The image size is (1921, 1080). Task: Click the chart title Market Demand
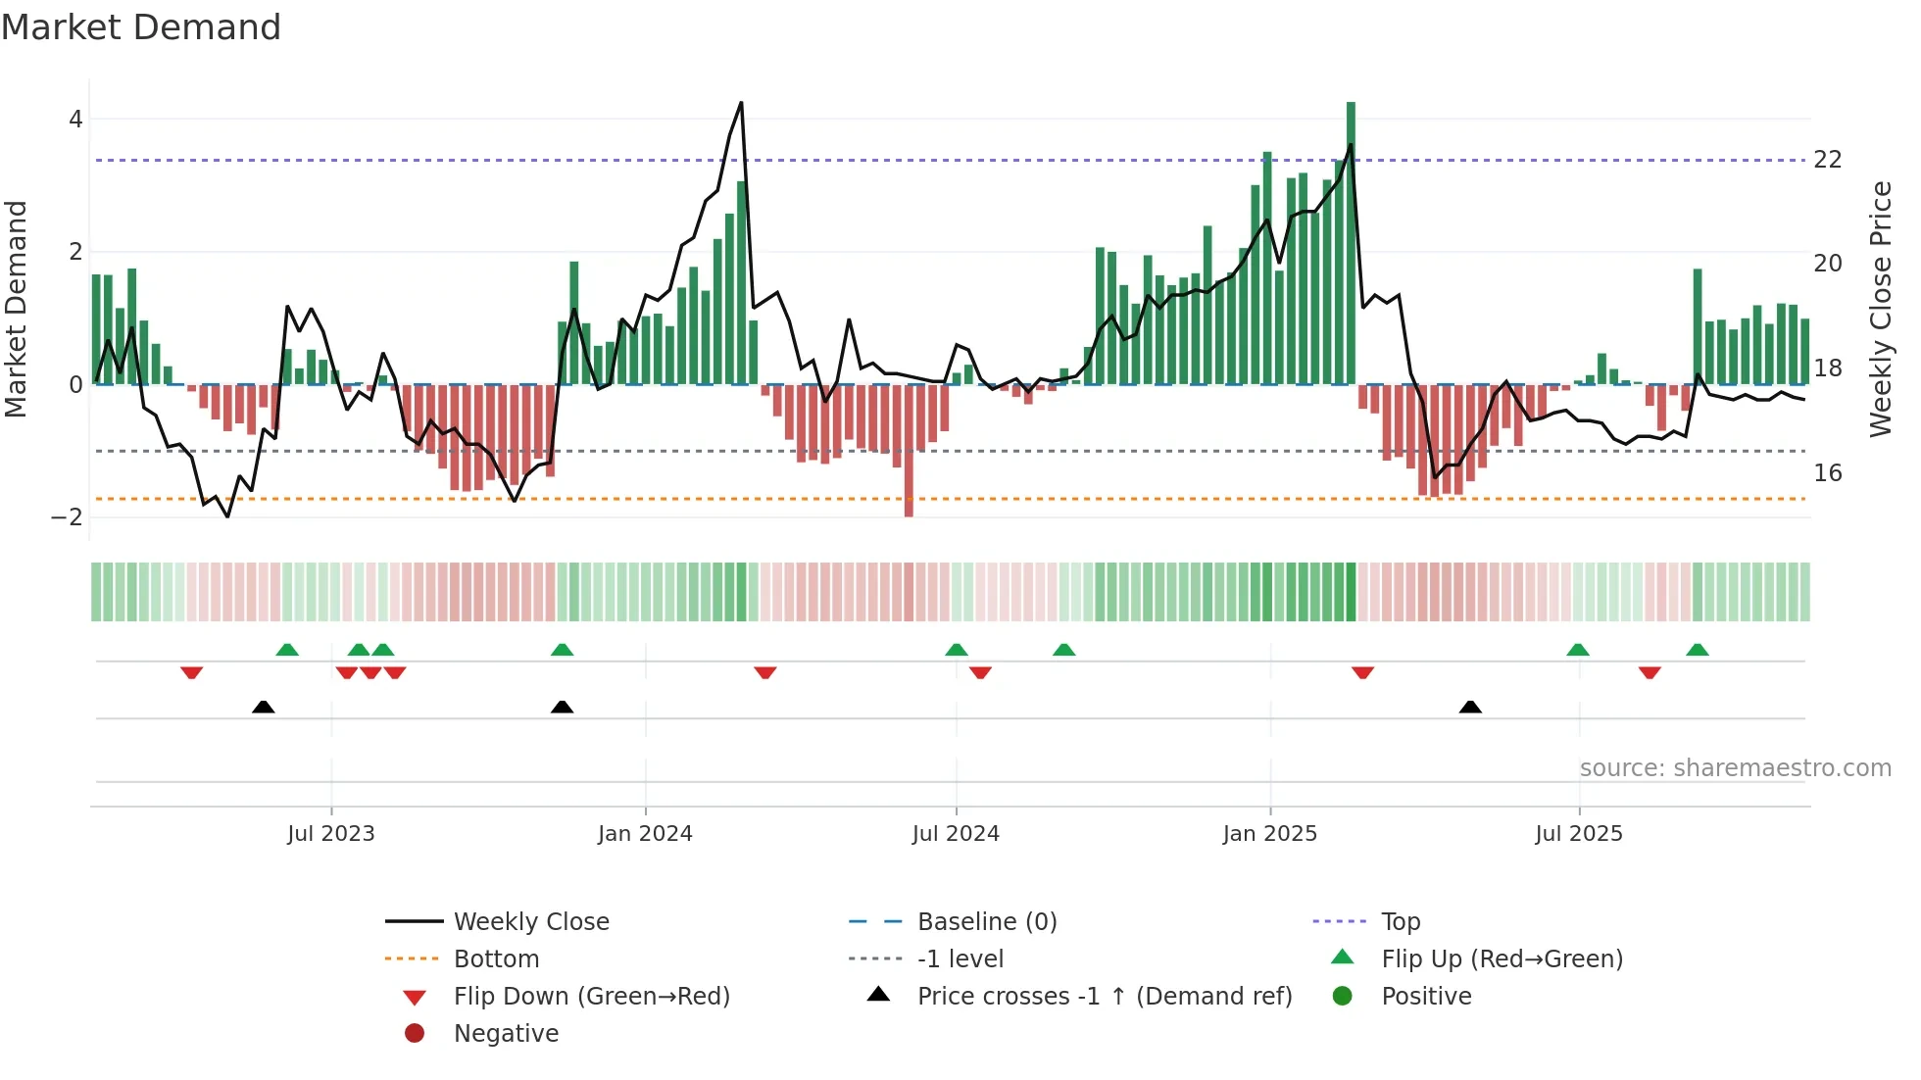(141, 27)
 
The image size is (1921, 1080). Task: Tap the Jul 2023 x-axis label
(330, 834)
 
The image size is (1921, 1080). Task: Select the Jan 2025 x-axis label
(1269, 834)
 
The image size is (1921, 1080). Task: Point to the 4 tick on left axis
(75, 120)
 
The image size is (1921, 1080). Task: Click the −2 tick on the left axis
(68, 517)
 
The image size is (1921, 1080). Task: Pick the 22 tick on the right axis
(1827, 160)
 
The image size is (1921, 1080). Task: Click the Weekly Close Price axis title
(1880, 309)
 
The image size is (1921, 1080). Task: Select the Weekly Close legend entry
(530, 922)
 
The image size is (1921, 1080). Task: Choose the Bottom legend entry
(496, 959)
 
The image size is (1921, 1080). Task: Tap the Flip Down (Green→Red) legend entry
(591, 997)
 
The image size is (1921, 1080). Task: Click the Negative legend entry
(506, 1034)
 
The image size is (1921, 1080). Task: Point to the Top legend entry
(1400, 922)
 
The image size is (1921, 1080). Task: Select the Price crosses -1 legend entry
(1104, 997)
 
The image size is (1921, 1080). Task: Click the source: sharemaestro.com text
(1735, 768)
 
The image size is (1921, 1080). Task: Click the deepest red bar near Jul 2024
(909, 451)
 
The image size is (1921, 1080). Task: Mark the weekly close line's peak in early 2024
(741, 103)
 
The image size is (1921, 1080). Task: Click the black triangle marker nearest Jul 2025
(1470, 708)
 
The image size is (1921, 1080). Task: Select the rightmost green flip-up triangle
(1698, 650)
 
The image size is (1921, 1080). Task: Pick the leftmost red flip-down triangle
(192, 672)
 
